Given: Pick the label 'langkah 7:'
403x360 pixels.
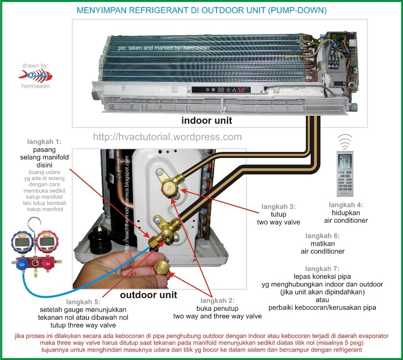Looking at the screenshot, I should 322,269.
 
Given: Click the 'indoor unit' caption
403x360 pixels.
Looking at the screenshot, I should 207,120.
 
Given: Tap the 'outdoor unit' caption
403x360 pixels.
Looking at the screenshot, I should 149,295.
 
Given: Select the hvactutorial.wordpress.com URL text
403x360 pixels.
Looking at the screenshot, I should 167,137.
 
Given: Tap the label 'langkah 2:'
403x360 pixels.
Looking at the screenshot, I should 217,300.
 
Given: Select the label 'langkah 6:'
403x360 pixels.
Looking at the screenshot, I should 322,235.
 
